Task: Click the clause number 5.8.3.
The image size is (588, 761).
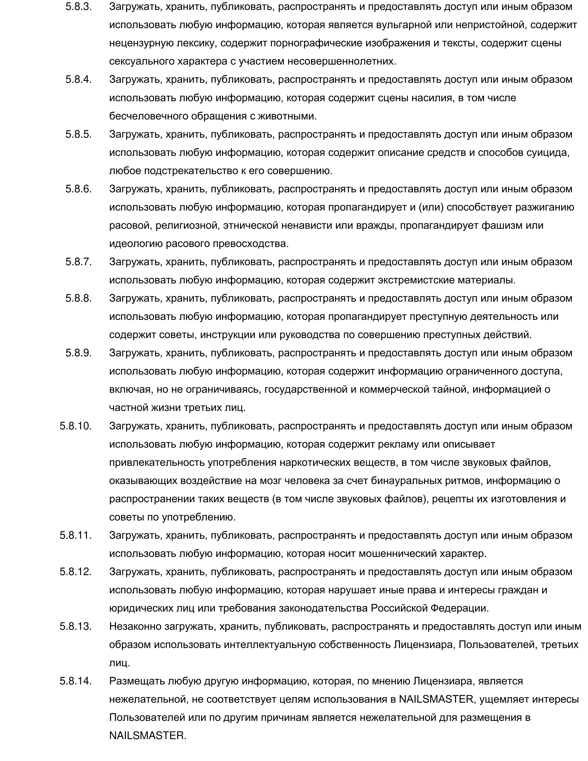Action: [78, 7]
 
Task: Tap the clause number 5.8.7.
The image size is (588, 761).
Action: [78, 262]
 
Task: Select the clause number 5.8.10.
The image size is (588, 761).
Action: [76, 426]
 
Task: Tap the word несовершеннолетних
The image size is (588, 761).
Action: [342, 62]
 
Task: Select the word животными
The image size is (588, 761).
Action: [287, 116]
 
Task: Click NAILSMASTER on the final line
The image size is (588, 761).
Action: [148, 736]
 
